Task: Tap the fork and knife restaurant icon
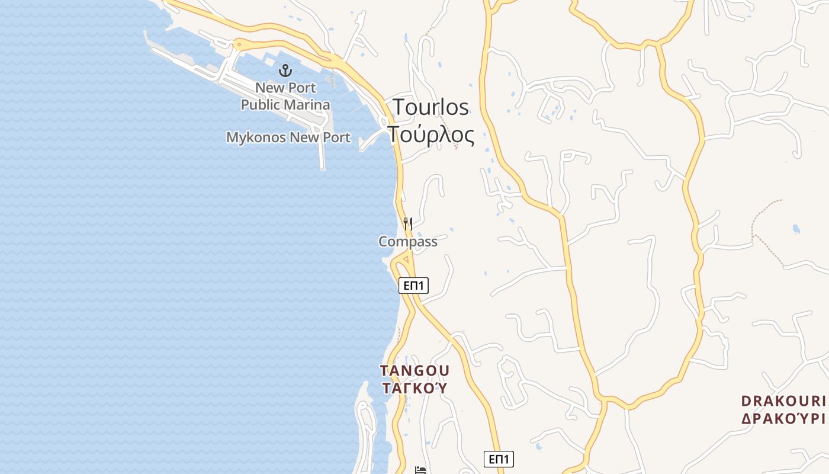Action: pyautogui.click(x=407, y=224)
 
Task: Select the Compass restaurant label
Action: pyautogui.click(x=407, y=242)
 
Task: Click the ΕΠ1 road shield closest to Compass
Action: pyautogui.click(x=413, y=286)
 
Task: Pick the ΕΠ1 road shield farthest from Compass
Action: pyautogui.click(x=499, y=459)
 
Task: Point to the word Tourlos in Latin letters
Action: pyautogui.click(x=430, y=108)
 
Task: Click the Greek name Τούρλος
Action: pyautogui.click(x=431, y=135)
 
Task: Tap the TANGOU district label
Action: pyautogui.click(x=415, y=371)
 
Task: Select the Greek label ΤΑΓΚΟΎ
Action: pyautogui.click(x=415, y=389)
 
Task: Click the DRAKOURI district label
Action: pyautogui.click(x=783, y=401)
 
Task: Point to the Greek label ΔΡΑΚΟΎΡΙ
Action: pyautogui.click(x=783, y=418)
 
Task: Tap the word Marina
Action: pyautogui.click(x=306, y=105)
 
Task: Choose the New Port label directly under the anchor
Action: pyautogui.click(x=285, y=88)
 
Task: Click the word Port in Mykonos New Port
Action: pyautogui.click(x=336, y=138)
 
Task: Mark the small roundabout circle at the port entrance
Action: pyautogui.click(x=239, y=44)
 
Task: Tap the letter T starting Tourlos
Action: pyautogui.click(x=400, y=108)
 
